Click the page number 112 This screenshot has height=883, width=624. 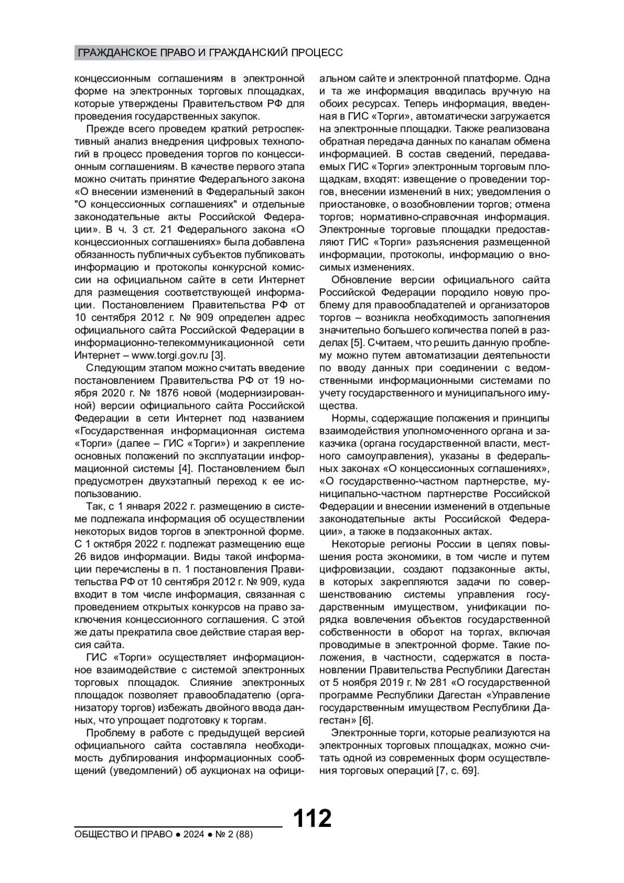[x=313, y=818]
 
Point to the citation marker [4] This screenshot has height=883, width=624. [x=185, y=469]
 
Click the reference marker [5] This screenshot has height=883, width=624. [x=356, y=343]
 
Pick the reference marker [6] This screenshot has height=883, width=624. [x=366, y=720]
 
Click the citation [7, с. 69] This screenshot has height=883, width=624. [x=457, y=771]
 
